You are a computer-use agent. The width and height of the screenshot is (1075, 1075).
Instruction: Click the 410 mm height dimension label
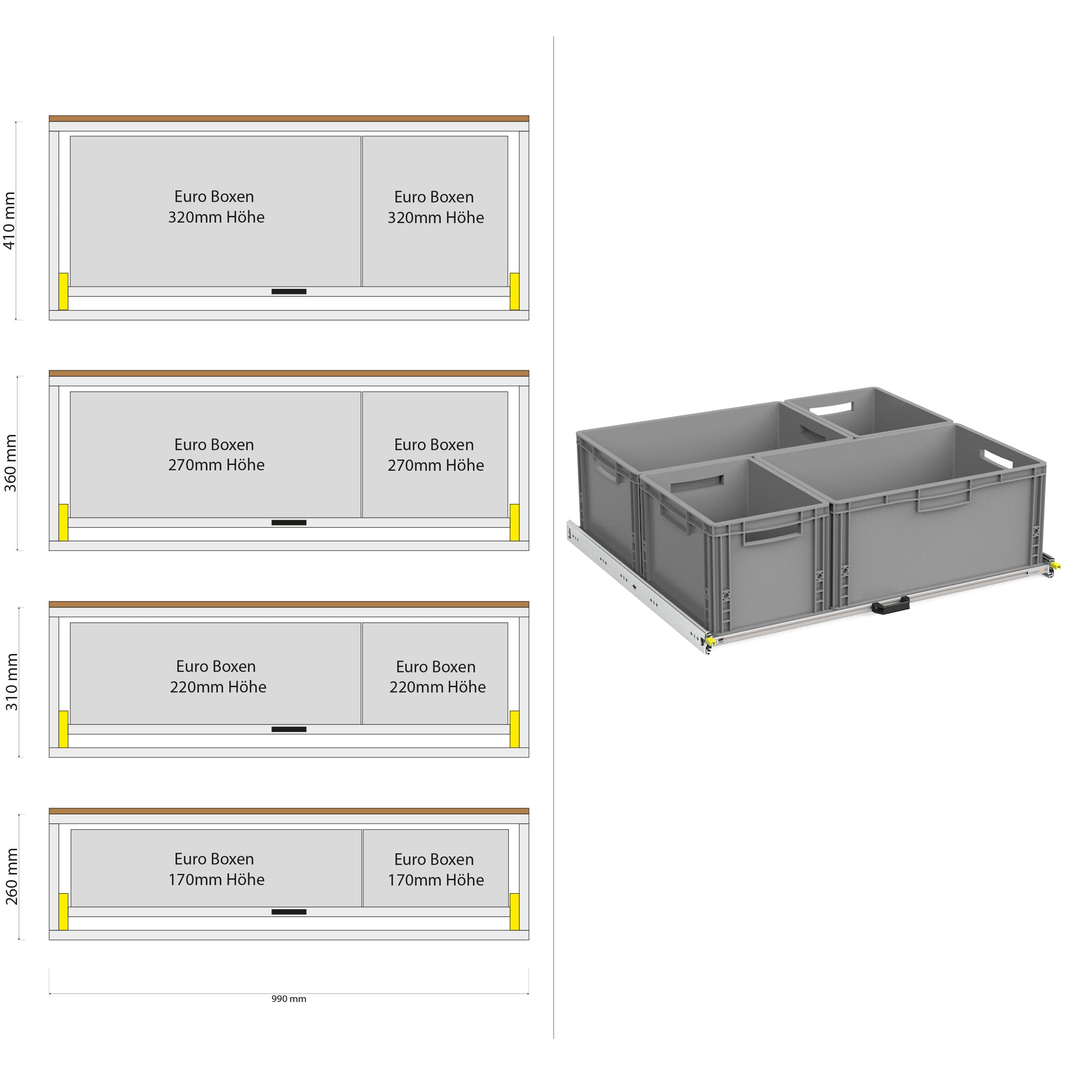click(10, 221)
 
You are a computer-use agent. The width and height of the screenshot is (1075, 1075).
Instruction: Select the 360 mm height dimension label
click(11, 463)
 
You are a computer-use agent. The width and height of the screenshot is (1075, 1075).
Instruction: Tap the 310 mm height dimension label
click(12, 682)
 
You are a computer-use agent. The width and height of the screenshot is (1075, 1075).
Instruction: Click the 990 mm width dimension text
click(289, 999)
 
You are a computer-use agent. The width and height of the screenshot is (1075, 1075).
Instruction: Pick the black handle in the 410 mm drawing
click(289, 292)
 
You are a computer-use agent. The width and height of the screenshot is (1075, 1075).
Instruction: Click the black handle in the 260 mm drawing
click(289, 912)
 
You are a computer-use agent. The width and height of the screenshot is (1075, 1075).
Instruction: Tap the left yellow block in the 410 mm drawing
click(64, 291)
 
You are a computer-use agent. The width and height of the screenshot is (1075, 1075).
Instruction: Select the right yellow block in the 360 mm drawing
click(515, 522)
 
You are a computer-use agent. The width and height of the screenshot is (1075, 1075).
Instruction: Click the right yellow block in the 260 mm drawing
click(515, 912)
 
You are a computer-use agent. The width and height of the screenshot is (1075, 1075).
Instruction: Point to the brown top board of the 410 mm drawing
click(289, 119)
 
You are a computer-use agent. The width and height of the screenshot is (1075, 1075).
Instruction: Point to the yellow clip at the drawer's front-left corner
click(710, 641)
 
